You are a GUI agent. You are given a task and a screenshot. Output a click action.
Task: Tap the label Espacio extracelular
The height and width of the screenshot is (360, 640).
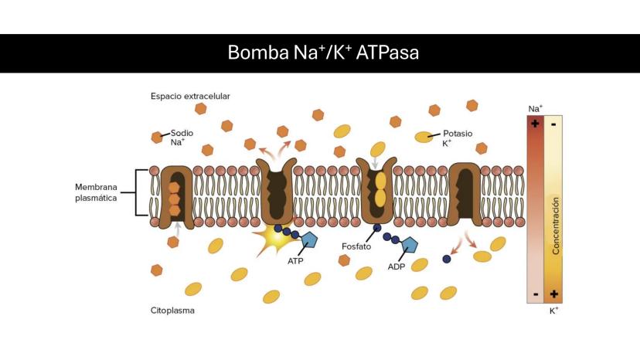pyautogui.click(x=190, y=97)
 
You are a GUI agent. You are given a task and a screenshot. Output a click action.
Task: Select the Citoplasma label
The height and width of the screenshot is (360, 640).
pyautogui.click(x=172, y=311)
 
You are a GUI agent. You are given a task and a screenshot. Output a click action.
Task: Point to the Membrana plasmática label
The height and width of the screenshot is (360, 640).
pyautogui.click(x=97, y=192)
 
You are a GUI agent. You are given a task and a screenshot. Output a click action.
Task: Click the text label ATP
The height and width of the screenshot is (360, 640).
pyautogui.click(x=295, y=261)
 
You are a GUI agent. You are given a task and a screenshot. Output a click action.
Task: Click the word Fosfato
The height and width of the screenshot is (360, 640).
pyautogui.click(x=357, y=246)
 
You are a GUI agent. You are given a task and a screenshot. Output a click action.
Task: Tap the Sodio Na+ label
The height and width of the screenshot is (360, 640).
pyautogui.click(x=182, y=138)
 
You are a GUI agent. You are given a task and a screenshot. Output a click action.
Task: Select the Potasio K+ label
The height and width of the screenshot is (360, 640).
pyautogui.click(x=456, y=138)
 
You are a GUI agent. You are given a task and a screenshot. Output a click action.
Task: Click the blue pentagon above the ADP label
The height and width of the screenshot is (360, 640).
pyautogui.click(x=409, y=245)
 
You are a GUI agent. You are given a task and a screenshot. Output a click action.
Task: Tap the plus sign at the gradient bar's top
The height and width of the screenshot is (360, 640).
pyautogui.click(x=535, y=123)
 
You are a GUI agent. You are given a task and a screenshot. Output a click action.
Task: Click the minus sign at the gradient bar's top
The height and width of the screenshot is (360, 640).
pyautogui.click(x=554, y=123)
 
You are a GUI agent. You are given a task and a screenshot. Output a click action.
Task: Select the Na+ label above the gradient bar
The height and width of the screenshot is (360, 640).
pyautogui.click(x=535, y=109)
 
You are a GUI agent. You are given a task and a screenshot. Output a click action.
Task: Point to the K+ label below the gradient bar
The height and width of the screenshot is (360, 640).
pyautogui.click(x=554, y=311)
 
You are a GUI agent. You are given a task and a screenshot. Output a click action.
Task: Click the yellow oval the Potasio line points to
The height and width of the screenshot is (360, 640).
pyautogui.click(x=424, y=138)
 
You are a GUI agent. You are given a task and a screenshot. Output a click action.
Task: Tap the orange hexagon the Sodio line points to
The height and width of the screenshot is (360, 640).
pyautogui.click(x=157, y=138)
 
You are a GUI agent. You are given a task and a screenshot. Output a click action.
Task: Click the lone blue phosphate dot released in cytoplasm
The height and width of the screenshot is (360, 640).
pyautogui.click(x=447, y=259)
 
